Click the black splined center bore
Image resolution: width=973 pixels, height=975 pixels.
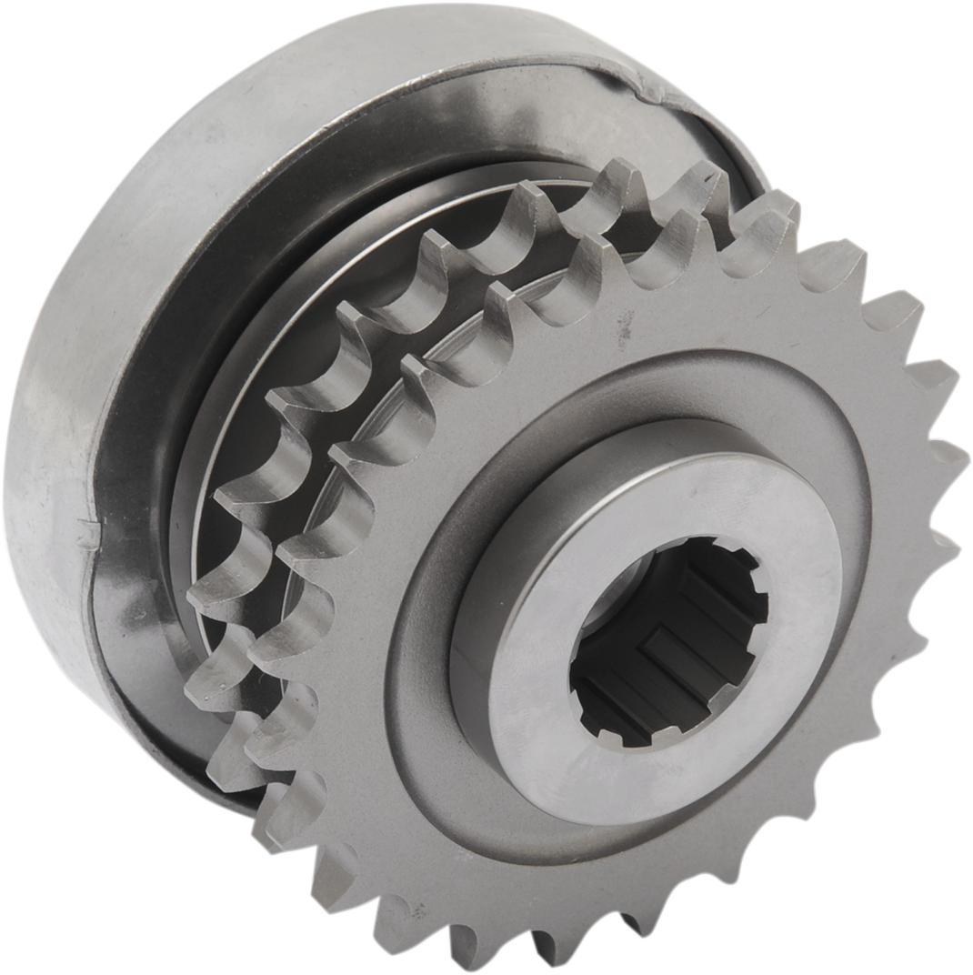668,641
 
